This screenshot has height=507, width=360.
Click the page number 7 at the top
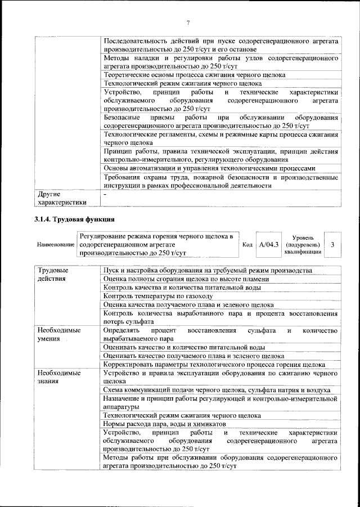(188, 22)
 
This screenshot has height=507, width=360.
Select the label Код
(247, 245)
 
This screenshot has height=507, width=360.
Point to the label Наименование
(56, 245)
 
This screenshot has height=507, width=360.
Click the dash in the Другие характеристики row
(105, 194)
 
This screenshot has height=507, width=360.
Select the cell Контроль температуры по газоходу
(158, 295)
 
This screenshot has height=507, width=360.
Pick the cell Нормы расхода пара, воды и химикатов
(164, 423)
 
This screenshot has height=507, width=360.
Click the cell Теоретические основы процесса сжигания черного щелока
(194, 75)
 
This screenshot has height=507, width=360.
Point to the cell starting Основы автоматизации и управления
(209, 168)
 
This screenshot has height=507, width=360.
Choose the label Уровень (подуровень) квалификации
(304, 245)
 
